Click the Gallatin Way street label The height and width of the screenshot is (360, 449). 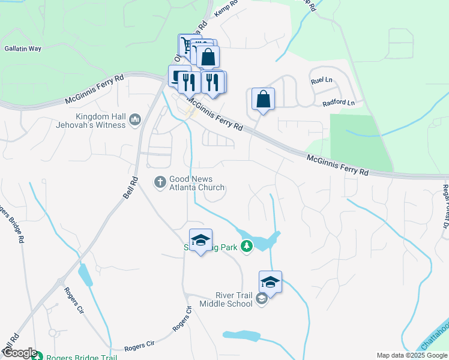pyautogui.click(x=23, y=49)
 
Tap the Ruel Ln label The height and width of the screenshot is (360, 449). pyautogui.click(x=321, y=80)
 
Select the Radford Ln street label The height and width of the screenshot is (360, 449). pyautogui.click(x=339, y=103)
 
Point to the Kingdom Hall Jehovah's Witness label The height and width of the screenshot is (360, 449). pyautogui.click(x=101, y=121)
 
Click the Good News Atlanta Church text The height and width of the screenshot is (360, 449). pyautogui.click(x=196, y=183)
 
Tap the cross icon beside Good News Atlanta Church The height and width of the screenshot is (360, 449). pyautogui.click(x=160, y=181)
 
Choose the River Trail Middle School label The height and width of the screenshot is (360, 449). pyautogui.click(x=226, y=299)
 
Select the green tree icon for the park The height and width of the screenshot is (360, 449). pyautogui.click(x=247, y=246)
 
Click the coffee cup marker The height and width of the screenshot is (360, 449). pyautogui.click(x=179, y=77)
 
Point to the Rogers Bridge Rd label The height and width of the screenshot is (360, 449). pyautogui.click(x=13, y=225)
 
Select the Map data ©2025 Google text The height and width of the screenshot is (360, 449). pyautogui.click(x=411, y=355)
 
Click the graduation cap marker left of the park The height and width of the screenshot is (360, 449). pyautogui.click(x=200, y=241)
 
